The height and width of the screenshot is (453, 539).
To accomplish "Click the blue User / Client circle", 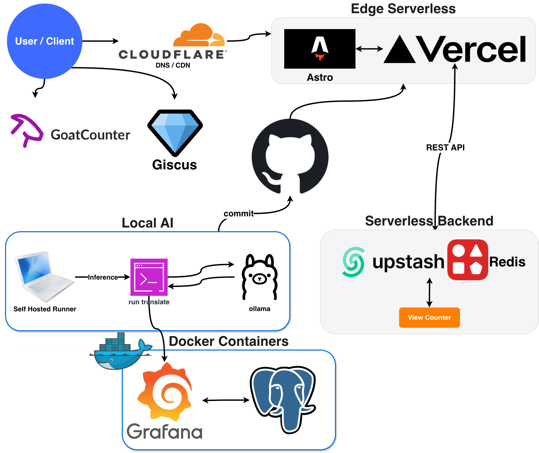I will coord(44,41).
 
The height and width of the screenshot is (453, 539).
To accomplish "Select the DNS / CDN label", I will coord(173,65).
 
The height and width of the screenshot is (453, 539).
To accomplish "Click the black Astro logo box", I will coord(320,49).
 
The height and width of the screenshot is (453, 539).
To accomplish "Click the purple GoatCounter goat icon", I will coord(27,130).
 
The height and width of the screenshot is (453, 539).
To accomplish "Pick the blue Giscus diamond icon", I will coord(175,132).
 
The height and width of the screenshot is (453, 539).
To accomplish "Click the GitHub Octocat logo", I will coord(290,157).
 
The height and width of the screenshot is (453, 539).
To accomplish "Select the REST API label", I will coord(445,147).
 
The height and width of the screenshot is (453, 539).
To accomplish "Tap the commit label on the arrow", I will coord(239,214).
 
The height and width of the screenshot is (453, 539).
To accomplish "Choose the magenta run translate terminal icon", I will coord(149,277).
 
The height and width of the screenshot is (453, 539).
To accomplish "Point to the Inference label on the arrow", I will coord(103,277).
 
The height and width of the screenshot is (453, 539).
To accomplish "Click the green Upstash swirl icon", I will coord(354,262).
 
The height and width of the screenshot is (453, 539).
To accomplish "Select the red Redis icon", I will coord(468,260).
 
